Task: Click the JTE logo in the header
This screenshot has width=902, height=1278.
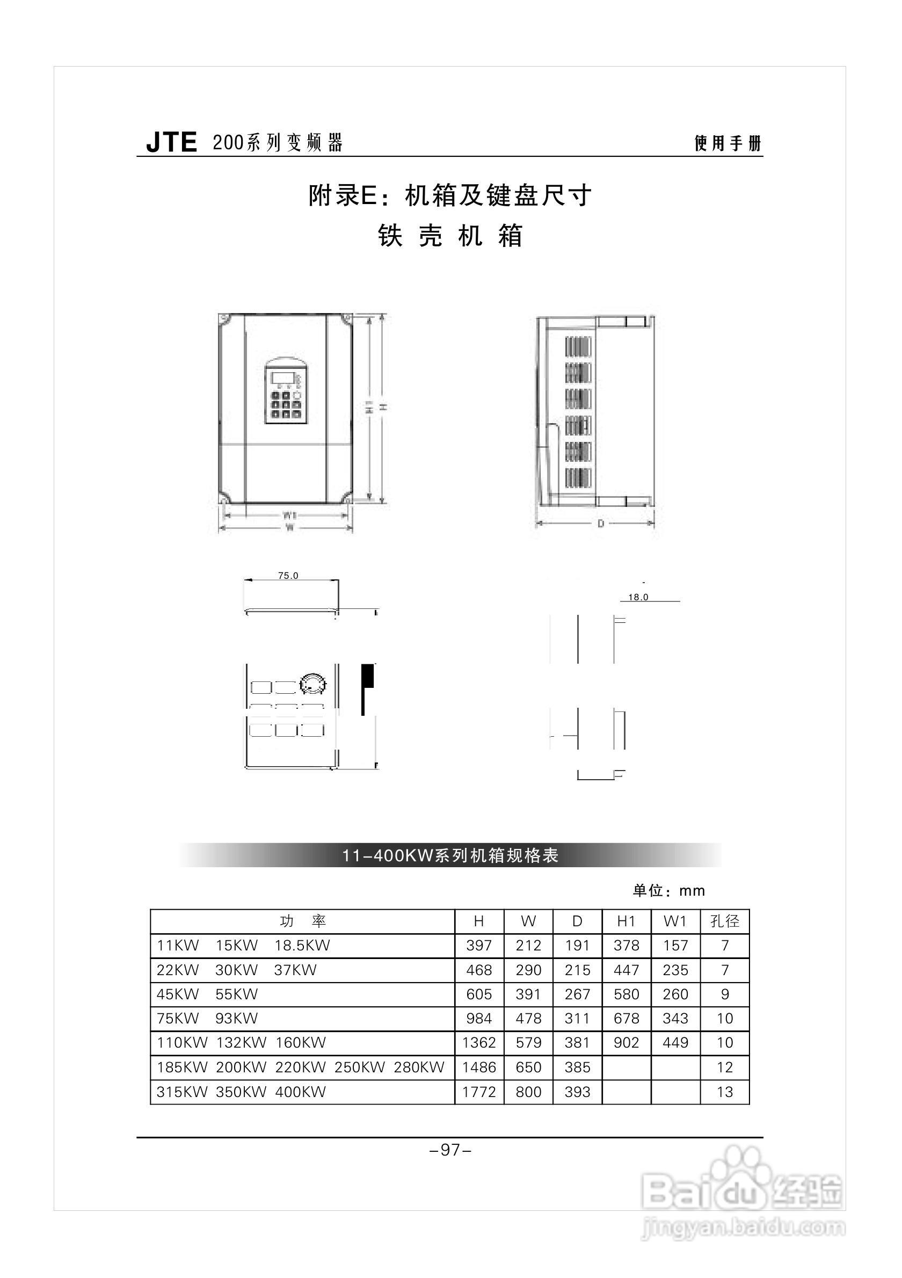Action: [171, 142]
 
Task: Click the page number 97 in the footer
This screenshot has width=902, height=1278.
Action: [450, 1150]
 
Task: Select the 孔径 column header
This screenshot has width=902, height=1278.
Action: [724, 921]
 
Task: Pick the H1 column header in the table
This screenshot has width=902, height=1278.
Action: [626, 921]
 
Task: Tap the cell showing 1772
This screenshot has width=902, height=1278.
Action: [478, 1092]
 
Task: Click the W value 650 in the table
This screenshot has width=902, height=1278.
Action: [528, 1067]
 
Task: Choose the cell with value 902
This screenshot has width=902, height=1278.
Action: [626, 1043]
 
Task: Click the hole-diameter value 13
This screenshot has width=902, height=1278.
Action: [724, 1092]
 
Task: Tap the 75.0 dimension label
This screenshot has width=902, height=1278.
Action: [288, 576]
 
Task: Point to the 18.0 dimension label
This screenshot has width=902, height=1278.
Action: [638, 597]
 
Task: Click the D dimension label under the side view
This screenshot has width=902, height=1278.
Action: [600, 523]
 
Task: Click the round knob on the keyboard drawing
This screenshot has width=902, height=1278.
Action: [312, 685]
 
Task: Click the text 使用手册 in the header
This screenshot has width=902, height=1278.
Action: [728, 143]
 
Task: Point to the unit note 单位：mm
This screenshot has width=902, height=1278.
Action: [668, 891]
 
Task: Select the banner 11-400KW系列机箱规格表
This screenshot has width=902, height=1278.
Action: [450, 855]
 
